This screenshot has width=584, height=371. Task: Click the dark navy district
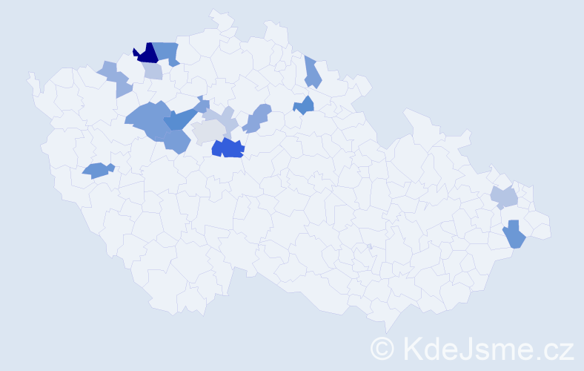coord(146,54)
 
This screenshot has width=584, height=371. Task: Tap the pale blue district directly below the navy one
coord(153,71)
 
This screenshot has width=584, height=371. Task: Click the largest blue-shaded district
coord(148,119)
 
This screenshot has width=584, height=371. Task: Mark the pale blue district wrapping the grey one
coord(225,118)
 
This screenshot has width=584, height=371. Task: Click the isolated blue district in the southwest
coord(96,171)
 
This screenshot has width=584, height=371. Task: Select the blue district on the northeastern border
coord(312,73)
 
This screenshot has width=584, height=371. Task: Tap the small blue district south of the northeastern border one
coord(304,106)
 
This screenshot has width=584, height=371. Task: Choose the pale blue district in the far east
coord(504,197)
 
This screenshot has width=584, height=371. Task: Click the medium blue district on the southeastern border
coord(514,236)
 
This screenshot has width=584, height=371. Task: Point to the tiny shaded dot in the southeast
coord(369,246)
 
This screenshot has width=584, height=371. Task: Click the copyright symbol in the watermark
coord(383,348)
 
